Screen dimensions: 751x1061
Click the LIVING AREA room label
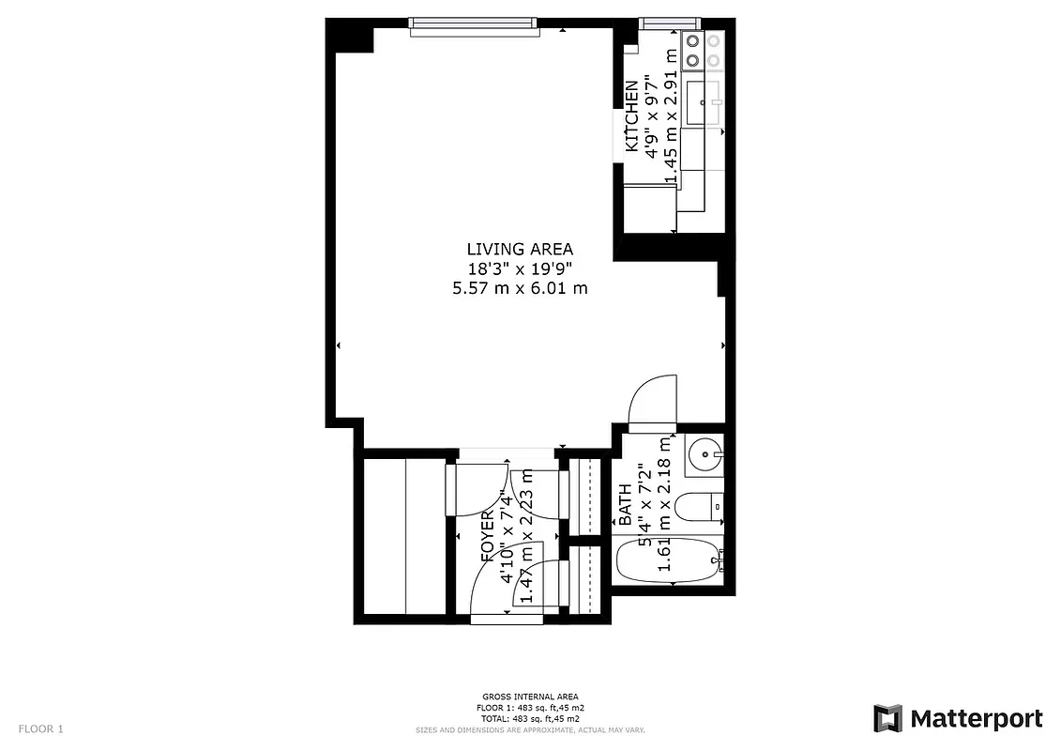pyautogui.click(x=519, y=249)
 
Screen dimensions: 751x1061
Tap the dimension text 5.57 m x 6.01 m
pyautogui.click(x=519, y=288)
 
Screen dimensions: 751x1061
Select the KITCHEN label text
pyautogui.click(x=632, y=117)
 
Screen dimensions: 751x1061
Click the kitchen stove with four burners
pyautogui.click(x=704, y=51)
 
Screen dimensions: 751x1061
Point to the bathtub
pyautogui.click(x=669, y=562)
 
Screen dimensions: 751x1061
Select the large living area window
pyautogui.click(x=475, y=25)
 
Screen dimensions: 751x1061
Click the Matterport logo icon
pyautogui.click(x=887, y=719)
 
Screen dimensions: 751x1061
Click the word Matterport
pyautogui.click(x=976, y=719)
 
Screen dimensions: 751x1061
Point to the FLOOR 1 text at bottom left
pyautogui.click(x=41, y=728)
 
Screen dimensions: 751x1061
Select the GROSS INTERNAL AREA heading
pyautogui.click(x=530, y=697)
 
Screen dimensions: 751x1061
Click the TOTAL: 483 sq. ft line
pyautogui.click(x=530, y=718)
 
